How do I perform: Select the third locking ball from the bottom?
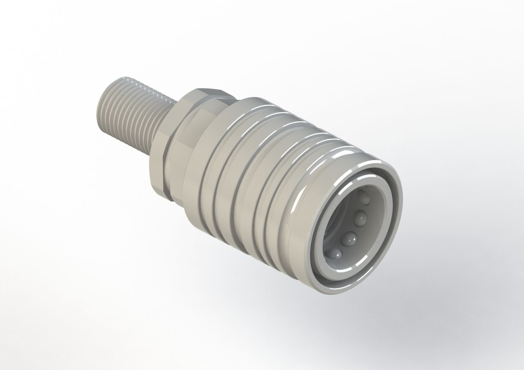tap(359, 218)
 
